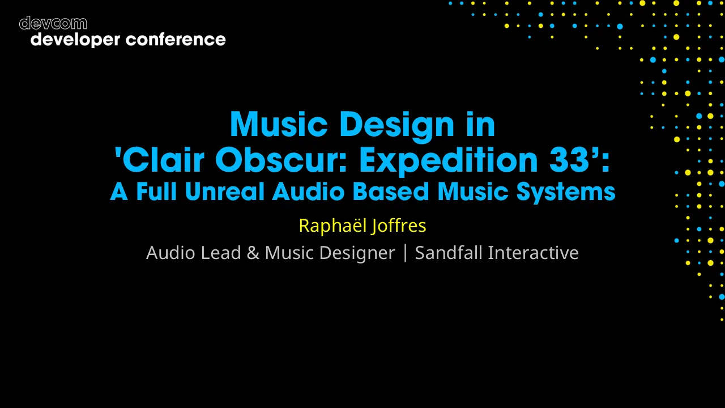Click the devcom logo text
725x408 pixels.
click(x=53, y=23)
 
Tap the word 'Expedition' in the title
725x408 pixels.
click(x=448, y=160)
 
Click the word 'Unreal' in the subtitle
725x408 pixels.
click(x=225, y=192)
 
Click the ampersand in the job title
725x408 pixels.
click(x=253, y=253)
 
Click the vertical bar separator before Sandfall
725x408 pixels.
click(x=405, y=253)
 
